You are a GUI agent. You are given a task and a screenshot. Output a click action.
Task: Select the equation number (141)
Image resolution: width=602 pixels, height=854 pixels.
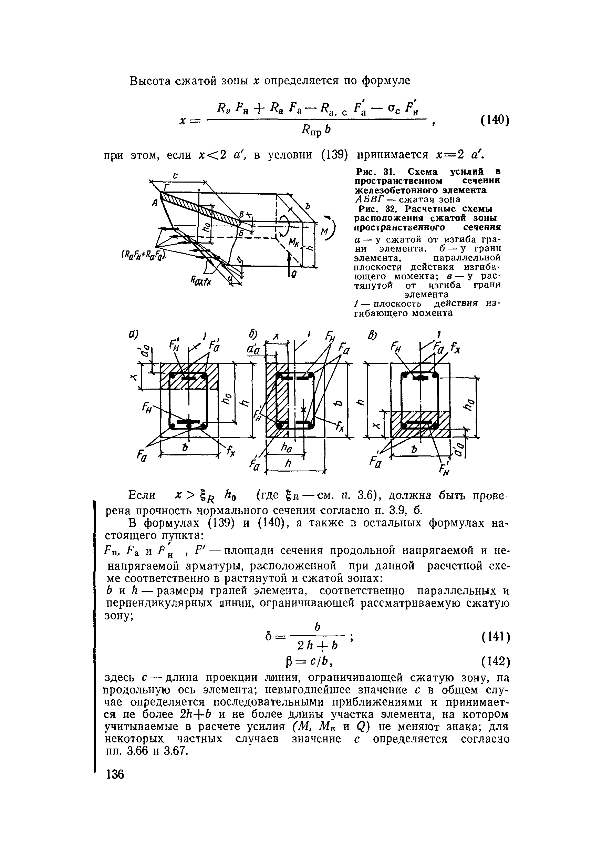[495, 637]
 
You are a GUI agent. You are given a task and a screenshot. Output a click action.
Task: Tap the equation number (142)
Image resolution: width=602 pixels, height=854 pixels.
[495, 661]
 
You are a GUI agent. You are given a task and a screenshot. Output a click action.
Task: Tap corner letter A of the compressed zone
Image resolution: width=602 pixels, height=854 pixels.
[155, 203]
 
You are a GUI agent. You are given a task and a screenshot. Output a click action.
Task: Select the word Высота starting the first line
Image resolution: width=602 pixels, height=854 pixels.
[148, 81]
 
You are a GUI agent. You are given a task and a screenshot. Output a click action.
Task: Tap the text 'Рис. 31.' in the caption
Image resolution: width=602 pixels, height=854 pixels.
[374, 172]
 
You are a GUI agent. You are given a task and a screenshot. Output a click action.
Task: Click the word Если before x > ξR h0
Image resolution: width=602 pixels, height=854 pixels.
[141, 495]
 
